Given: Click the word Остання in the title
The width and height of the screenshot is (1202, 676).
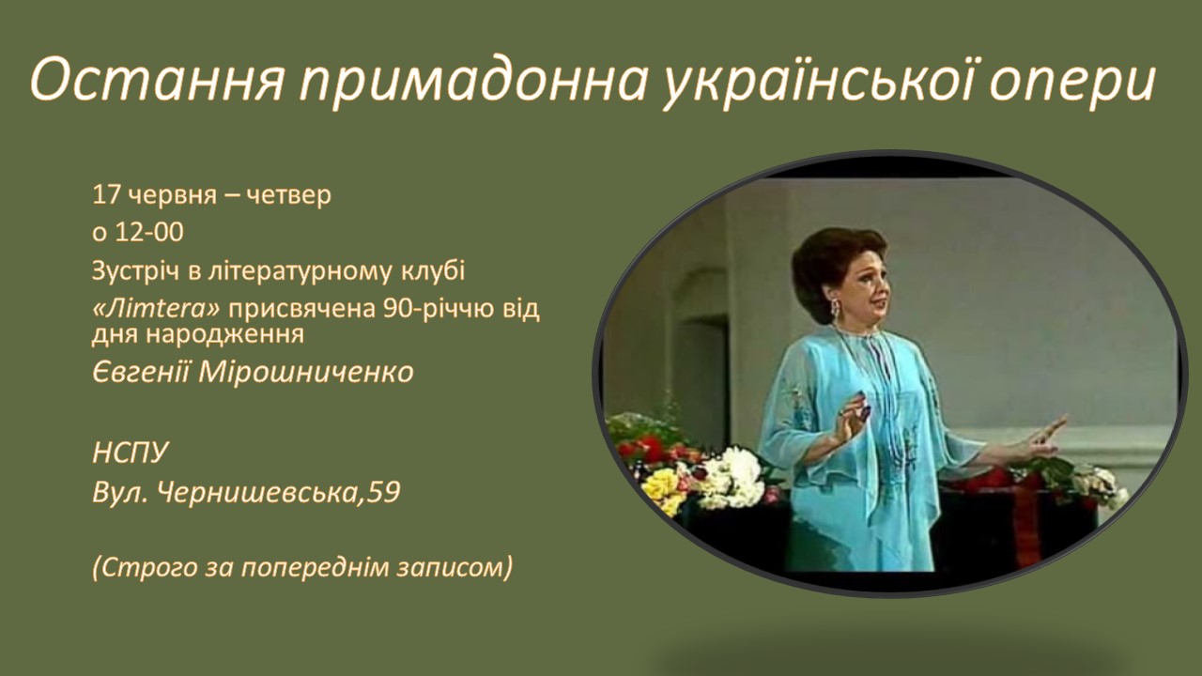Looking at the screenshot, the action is (156, 81).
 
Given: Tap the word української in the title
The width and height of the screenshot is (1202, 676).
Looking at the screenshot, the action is (818, 80).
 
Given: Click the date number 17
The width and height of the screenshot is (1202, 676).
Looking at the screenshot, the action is (106, 194).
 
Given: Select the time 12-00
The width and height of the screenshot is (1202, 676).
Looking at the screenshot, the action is (149, 232).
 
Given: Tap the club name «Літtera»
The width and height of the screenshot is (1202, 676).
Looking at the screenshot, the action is (156, 309).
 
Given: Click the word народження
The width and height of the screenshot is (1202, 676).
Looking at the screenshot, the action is (224, 335).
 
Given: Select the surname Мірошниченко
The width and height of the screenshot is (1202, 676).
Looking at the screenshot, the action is (305, 372).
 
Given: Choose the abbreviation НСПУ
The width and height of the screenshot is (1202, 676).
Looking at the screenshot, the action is (131, 453).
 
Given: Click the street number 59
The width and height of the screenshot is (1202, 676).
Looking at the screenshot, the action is (385, 491).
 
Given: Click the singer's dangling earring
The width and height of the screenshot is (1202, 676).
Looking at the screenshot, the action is (836, 309).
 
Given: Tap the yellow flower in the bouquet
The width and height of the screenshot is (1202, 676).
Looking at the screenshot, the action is (661, 485).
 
